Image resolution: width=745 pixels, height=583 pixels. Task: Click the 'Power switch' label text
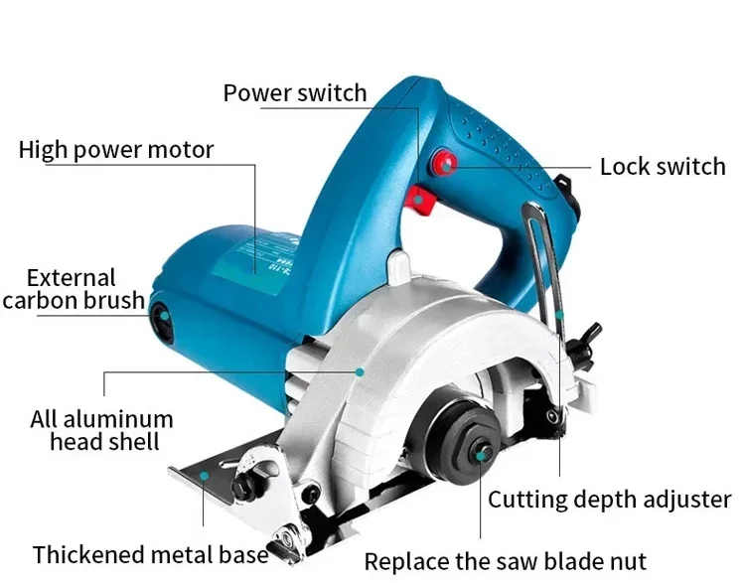(x=295, y=93)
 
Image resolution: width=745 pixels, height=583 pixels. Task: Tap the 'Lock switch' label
(x=663, y=166)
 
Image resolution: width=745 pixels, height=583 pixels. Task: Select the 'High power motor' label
(x=116, y=150)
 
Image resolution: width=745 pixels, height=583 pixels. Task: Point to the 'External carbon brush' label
(x=73, y=289)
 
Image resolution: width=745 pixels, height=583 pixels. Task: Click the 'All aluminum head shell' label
(x=102, y=429)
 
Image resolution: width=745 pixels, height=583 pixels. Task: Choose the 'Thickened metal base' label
(x=151, y=554)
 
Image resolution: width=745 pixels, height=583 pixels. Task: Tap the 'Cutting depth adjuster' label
(x=609, y=499)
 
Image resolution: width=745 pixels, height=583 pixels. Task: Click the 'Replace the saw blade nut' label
(x=506, y=561)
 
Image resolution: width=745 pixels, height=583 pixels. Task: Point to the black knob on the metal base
(x=244, y=489)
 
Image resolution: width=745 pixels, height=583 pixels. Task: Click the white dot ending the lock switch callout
(x=446, y=166)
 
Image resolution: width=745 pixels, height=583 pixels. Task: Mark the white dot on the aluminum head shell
(x=360, y=371)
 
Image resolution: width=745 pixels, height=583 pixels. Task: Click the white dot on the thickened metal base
(x=205, y=477)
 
